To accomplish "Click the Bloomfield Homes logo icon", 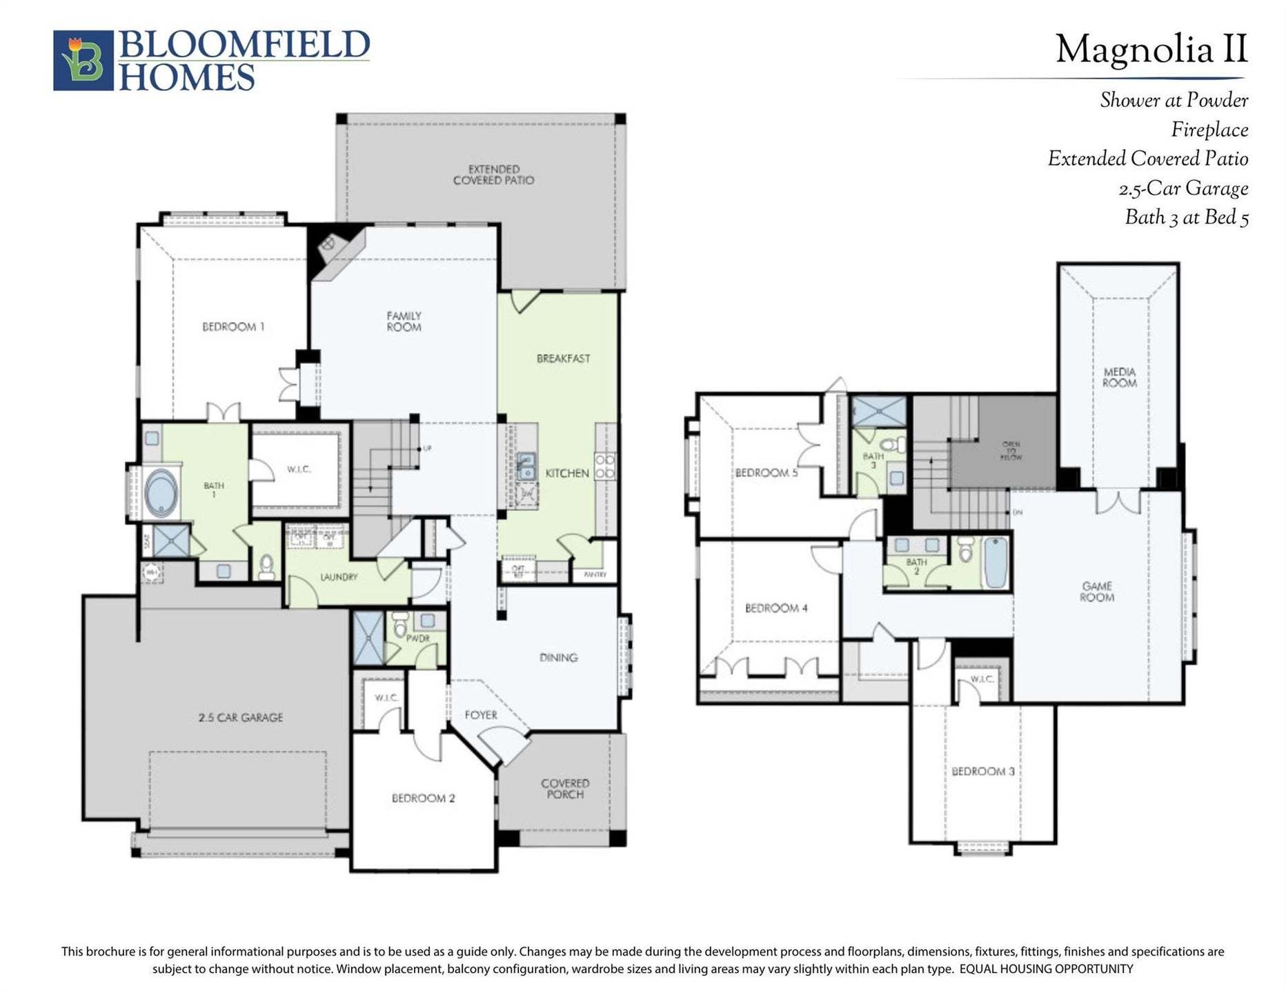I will (83, 60).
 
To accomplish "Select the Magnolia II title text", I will (1151, 50).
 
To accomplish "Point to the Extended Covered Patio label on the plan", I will (493, 174).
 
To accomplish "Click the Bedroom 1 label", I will (233, 326).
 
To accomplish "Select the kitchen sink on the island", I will (526, 465).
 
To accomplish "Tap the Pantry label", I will (595, 574).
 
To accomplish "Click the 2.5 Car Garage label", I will (240, 717).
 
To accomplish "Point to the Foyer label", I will (480, 715).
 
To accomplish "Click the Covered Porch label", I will (565, 788).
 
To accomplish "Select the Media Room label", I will (1119, 377).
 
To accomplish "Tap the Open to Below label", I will (1011, 451).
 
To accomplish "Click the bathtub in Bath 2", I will (996, 563).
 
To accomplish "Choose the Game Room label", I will (1096, 592).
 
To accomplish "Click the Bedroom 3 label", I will (982, 771).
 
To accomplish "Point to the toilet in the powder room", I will (399, 627).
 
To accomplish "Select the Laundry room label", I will (338, 576).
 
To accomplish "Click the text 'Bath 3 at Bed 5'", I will (1186, 217).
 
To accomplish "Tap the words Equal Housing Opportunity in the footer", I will (1046, 969).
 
